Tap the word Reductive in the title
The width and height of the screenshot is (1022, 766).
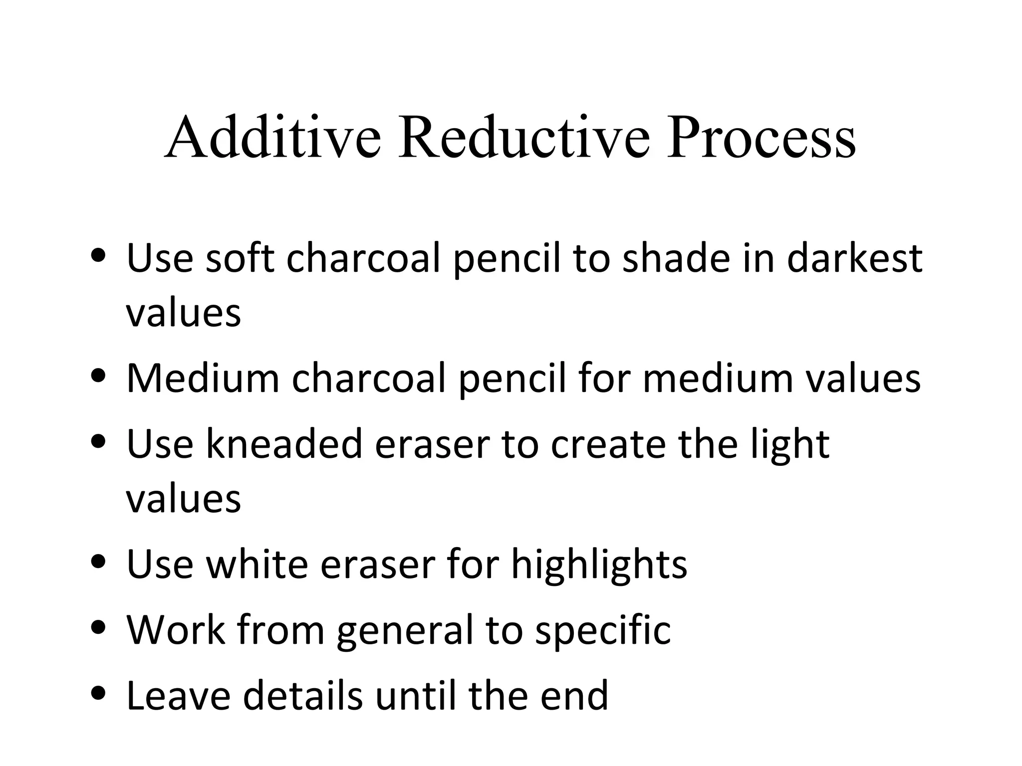524,137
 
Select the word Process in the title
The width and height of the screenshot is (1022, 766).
762,137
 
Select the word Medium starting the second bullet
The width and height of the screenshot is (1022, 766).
203,379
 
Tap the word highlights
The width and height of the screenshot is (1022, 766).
599,566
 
